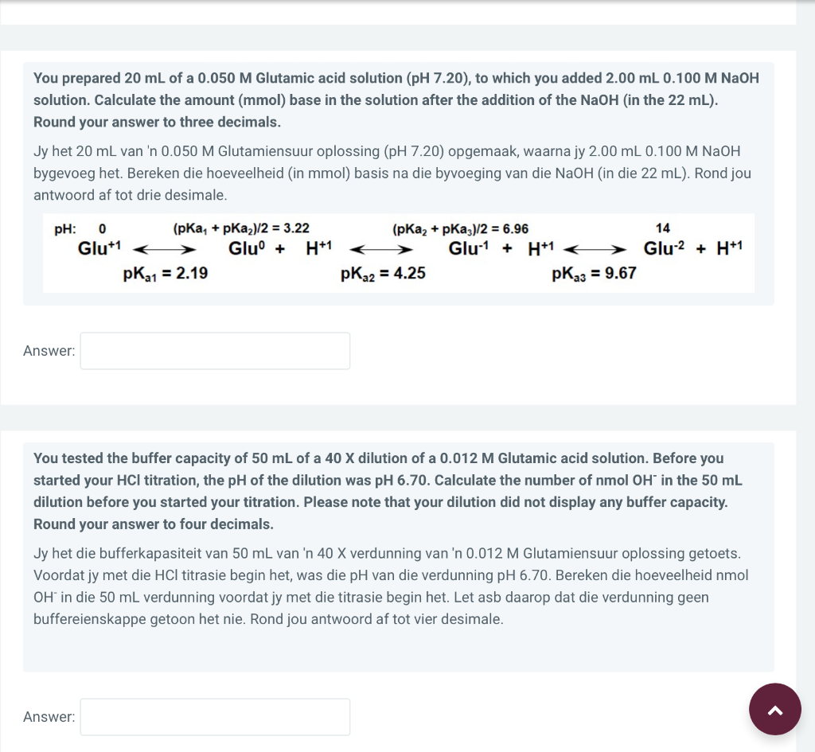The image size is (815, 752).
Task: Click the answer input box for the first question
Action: tap(215, 351)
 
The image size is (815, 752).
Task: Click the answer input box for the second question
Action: tap(215, 717)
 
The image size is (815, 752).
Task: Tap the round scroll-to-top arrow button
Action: tap(775, 709)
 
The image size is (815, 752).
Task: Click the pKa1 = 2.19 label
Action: tap(166, 274)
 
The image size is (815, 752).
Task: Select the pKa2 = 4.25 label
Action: tap(382, 274)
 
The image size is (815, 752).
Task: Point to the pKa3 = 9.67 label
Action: tap(593, 274)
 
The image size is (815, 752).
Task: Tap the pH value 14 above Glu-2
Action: tap(662, 228)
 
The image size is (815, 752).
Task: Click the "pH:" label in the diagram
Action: tap(65, 229)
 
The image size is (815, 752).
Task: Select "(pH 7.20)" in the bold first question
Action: tap(439, 78)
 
